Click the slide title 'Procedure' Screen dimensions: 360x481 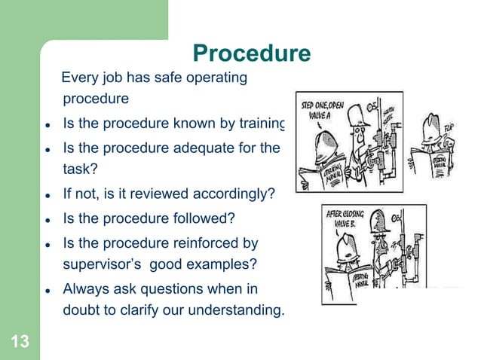tap(251, 53)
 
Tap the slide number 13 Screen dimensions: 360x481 tap(20, 343)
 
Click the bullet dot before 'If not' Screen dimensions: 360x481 tap(47, 196)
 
